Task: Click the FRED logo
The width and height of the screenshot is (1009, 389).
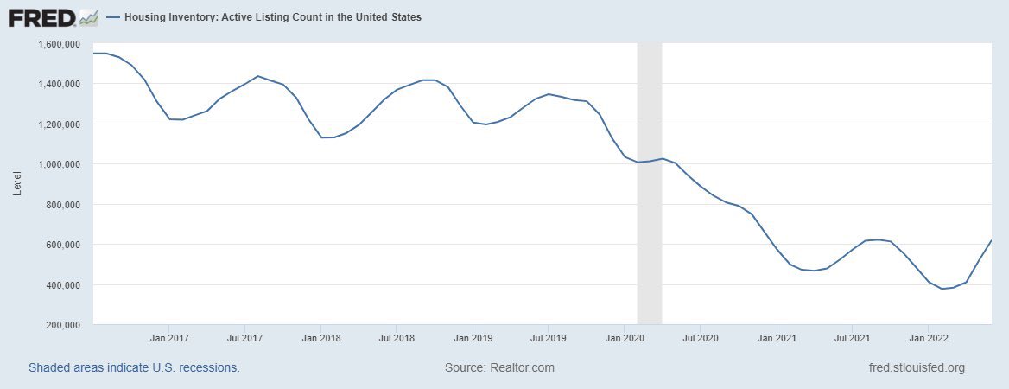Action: click(53, 16)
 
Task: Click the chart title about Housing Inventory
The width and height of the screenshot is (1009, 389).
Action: click(273, 17)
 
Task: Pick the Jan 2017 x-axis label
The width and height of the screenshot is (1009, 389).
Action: click(169, 338)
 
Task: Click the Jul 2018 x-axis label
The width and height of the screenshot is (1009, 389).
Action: click(396, 338)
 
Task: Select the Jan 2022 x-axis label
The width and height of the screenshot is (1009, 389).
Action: click(927, 338)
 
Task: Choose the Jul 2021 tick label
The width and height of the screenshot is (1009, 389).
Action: click(852, 338)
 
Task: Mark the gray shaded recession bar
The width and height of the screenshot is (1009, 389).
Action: click(649, 182)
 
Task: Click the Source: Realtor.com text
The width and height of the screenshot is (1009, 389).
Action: click(499, 367)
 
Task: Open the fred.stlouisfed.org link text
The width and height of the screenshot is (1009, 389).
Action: click(917, 367)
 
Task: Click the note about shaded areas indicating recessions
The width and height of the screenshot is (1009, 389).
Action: click(134, 367)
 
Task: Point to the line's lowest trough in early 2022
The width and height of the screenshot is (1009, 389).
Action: click(942, 289)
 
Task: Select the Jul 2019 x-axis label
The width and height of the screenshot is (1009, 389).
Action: click(548, 338)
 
